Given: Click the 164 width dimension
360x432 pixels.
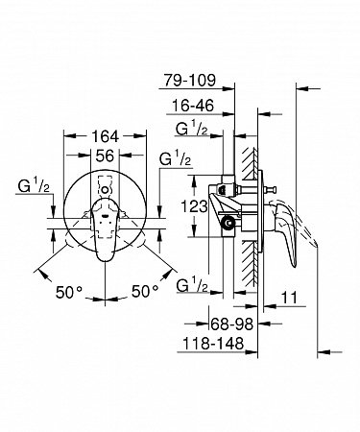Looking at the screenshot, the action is [105, 136].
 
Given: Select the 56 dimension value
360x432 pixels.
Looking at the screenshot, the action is [105, 156].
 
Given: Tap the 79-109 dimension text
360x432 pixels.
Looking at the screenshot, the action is [190, 80].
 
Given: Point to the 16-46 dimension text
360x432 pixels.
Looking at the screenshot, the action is [193, 106].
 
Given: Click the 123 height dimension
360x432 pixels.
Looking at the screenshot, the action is [194, 206].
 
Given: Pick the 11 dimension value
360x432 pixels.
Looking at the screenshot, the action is [289, 298].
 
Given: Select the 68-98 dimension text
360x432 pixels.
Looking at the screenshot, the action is [232, 324].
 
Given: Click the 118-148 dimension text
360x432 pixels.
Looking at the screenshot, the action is [213, 344].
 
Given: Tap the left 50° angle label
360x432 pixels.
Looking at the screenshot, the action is [69, 292].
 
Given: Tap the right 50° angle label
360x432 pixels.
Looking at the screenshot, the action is [145, 291].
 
